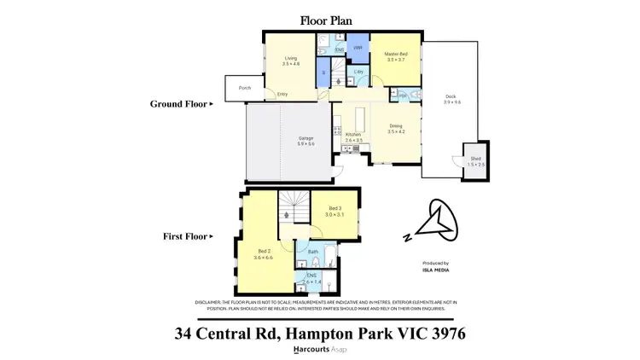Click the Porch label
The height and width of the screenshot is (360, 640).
point(244,87)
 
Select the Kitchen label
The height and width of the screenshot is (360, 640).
point(354,136)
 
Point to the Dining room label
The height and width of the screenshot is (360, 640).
point(394,128)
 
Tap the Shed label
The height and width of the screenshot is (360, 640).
point(475,160)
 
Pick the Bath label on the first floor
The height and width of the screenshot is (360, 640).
point(313,252)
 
